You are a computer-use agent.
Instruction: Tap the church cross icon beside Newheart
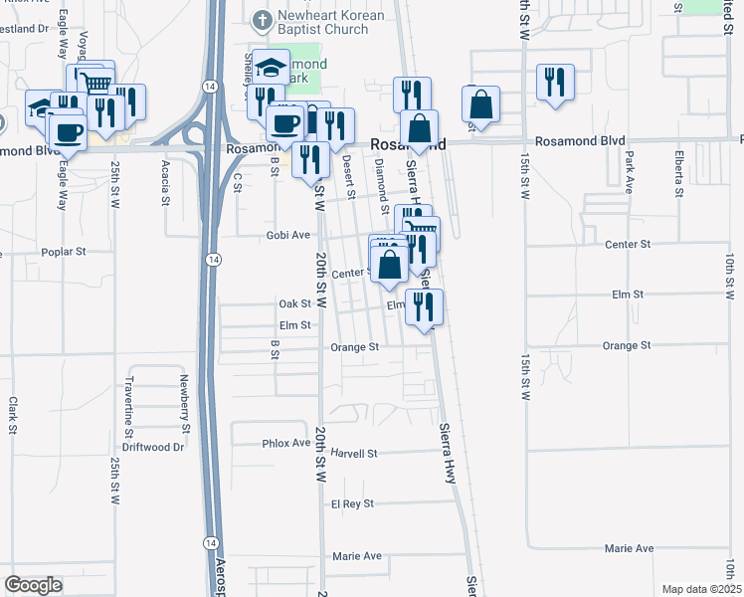coord(261,18)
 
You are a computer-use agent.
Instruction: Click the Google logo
coord(33,585)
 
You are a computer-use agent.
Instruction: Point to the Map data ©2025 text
coord(700,589)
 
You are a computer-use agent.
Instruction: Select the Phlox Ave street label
coord(286,443)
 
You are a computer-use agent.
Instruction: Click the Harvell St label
coord(355,453)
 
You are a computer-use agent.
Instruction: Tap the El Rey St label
coord(352,503)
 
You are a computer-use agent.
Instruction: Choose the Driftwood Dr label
coord(160,447)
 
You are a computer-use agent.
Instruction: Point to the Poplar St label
coord(66,253)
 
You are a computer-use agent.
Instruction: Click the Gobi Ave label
coord(287,235)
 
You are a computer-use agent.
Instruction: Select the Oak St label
coord(295,303)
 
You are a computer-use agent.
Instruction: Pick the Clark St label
coord(13,416)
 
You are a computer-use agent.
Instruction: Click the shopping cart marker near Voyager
coord(95,82)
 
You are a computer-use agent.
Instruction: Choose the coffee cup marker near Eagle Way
coord(67,131)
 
